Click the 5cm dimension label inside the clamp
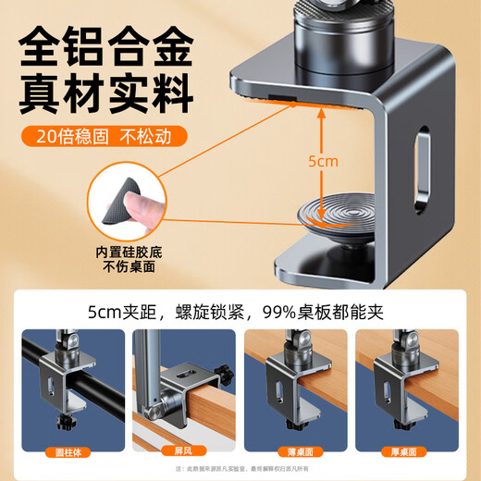(x=323, y=160)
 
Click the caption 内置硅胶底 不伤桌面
(x=127, y=258)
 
